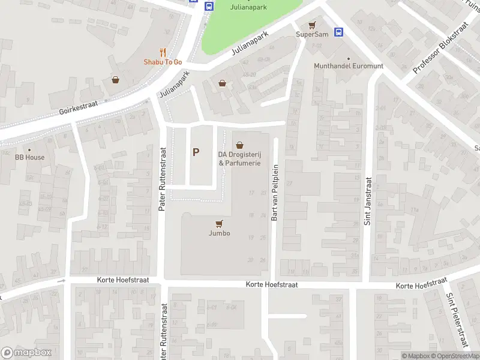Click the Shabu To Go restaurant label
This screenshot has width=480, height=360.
pyautogui.click(x=162, y=62)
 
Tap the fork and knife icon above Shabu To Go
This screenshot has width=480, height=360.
pyautogui.click(x=163, y=52)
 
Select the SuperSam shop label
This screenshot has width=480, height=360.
pyautogui.click(x=312, y=34)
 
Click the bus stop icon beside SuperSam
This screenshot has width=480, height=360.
pyautogui.click(x=339, y=32)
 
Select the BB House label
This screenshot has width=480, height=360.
pyautogui.click(x=29, y=157)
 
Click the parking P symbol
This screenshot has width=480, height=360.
pyautogui.click(x=196, y=152)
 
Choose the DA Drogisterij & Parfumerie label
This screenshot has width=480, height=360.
pyautogui.click(x=239, y=158)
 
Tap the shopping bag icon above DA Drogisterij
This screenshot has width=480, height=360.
pyautogui.click(x=240, y=145)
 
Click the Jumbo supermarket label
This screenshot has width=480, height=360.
pyautogui.click(x=219, y=233)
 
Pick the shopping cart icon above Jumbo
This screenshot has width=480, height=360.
pyautogui.click(x=219, y=223)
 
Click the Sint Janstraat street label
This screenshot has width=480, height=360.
pyautogui.click(x=367, y=201)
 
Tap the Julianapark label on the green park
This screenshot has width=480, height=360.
pyautogui.click(x=249, y=7)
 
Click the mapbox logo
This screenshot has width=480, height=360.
pyautogui.click(x=26, y=352)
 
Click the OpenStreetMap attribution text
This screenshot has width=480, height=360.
pyautogui.click(x=454, y=356)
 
